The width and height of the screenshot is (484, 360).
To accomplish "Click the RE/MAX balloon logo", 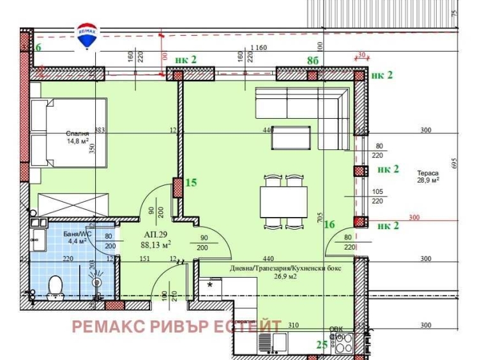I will click(x=86, y=36).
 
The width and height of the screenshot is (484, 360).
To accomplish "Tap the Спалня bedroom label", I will click(x=77, y=134).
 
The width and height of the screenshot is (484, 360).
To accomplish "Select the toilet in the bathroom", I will click(x=55, y=286).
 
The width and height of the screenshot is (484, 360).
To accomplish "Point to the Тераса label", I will click(x=428, y=173).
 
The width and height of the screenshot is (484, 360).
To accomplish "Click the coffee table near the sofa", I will click(x=290, y=137).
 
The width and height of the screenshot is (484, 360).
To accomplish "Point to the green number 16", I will click(x=329, y=224).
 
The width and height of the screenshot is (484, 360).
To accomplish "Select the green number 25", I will click(x=323, y=345).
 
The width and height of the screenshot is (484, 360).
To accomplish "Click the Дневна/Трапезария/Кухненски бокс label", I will click(x=285, y=269).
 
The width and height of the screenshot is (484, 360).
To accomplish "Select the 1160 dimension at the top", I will click(x=259, y=48).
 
